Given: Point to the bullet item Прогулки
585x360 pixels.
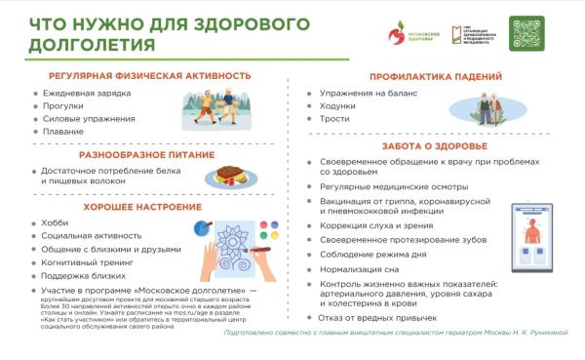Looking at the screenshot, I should (x=63, y=105).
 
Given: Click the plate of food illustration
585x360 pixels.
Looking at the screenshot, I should (x=230, y=177).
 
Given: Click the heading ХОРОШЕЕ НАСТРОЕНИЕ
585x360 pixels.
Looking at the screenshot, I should (x=136, y=207).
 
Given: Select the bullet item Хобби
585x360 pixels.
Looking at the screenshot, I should (x=57, y=223).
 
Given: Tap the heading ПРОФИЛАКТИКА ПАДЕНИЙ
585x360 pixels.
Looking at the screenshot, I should (x=436, y=76).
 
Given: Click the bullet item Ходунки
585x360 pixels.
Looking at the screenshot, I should (x=339, y=105).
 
